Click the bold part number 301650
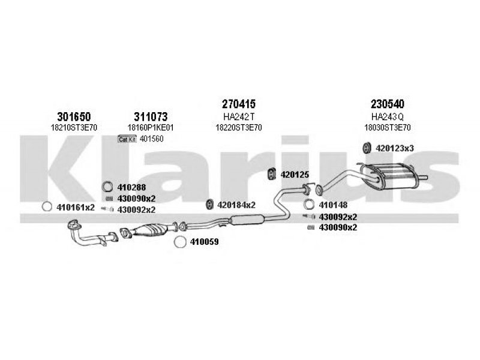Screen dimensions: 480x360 [x=74, y=116]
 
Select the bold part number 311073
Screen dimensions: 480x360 [x=151, y=116]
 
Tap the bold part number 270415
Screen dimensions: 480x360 [x=238, y=104]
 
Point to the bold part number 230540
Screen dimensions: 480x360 [x=387, y=104]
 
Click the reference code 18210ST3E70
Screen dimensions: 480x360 [x=74, y=127]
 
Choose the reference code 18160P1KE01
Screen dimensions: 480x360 [x=151, y=127]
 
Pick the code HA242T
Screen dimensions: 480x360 [x=239, y=116]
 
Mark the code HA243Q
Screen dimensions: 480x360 [x=387, y=116]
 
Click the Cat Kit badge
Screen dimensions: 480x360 [x=127, y=139]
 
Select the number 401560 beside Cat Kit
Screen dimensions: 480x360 [x=152, y=139]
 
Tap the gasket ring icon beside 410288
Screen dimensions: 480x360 [x=107, y=187]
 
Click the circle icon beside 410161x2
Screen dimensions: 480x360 [x=47, y=206]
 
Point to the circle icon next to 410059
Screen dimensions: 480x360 [x=180, y=242]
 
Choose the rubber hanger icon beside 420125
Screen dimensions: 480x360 [x=272, y=174]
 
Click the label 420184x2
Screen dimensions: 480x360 [x=236, y=205]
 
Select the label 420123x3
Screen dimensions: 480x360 [x=395, y=148]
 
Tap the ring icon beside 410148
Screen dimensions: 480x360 [x=308, y=204]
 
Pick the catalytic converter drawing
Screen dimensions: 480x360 [x=149, y=230]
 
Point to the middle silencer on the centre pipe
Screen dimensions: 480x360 [x=247, y=220]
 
